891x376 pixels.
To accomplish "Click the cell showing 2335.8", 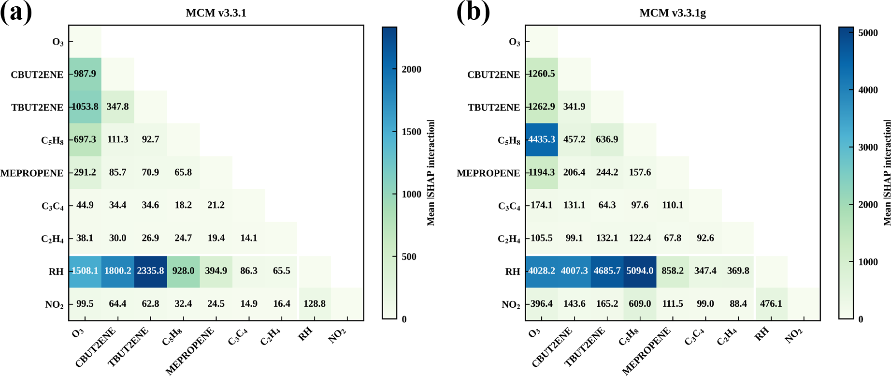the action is point(150,271).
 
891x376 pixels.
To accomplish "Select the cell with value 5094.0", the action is point(640,271).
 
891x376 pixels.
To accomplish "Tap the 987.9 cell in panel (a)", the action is point(85,74).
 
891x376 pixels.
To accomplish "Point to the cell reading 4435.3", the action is point(542,140).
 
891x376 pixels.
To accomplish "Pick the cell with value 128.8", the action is point(315,304).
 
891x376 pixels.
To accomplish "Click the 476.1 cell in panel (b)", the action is point(771,304).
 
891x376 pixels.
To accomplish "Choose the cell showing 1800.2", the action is point(118,271).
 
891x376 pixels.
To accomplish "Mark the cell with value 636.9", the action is point(607,140).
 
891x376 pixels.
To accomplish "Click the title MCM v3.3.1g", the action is point(673,13).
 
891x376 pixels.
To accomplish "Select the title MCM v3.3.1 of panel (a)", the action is point(216,13).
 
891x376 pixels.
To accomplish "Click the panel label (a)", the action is point(16,12).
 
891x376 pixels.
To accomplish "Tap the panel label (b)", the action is point(473,12).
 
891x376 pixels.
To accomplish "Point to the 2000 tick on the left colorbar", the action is point(412,70).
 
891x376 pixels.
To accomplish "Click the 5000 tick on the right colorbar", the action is point(868,33).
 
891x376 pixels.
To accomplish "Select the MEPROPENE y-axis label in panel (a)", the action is point(32,173).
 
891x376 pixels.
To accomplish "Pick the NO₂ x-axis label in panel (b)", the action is point(793,335).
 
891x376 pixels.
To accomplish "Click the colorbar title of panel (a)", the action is point(431,173).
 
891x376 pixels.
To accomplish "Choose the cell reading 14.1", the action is point(249,238).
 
